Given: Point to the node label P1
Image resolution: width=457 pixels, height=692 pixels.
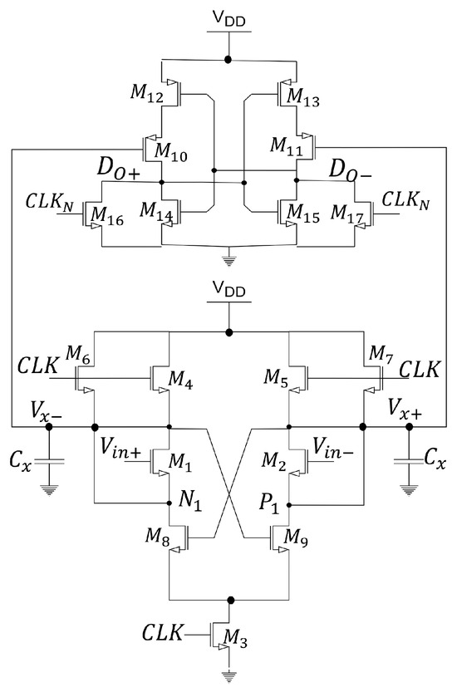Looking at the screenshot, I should (x=265, y=501).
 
